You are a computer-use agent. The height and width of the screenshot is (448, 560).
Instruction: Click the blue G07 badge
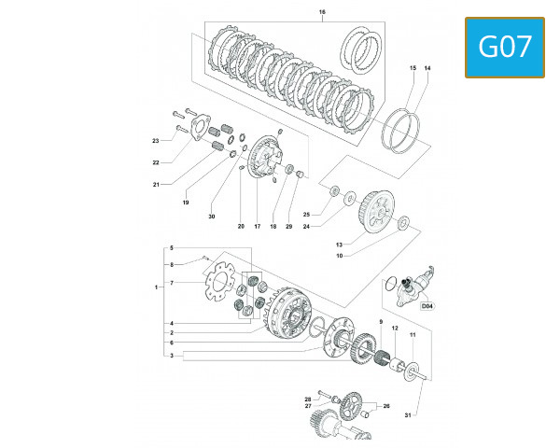tap(504, 48)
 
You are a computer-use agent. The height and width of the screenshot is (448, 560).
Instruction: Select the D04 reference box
tap(427, 305)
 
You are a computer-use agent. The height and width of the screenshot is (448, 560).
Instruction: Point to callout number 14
tap(427, 68)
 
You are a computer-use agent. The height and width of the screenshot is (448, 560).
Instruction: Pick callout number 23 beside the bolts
tap(156, 141)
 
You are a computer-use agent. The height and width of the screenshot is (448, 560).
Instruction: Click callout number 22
tap(156, 162)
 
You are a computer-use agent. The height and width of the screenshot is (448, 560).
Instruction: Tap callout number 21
tap(156, 184)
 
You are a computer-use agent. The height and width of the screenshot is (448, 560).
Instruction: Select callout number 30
tap(211, 217)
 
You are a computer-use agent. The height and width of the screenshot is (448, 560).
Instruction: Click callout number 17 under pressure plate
tap(257, 227)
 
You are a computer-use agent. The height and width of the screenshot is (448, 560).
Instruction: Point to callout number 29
tap(289, 227)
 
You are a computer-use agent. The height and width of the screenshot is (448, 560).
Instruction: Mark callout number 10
tap(339, 256)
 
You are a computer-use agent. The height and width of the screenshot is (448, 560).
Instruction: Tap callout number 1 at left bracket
tap(156, 287)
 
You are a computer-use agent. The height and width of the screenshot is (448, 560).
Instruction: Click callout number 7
tap(171, 283)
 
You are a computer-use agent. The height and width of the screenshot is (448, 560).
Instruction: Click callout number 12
tap(395, 329)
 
